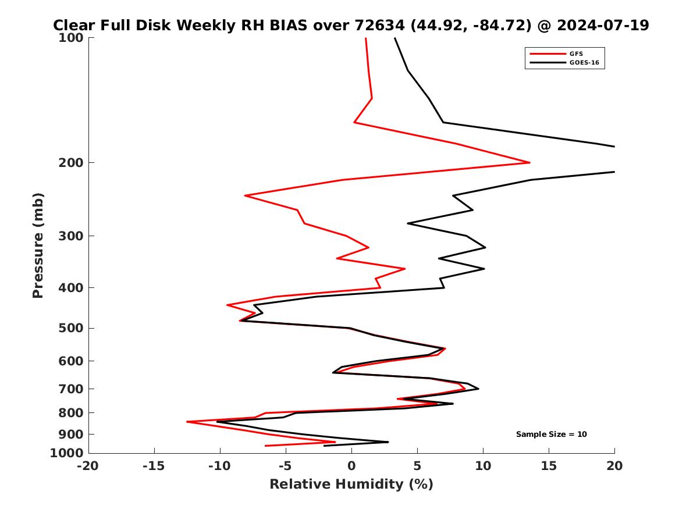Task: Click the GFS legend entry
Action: point(575,54)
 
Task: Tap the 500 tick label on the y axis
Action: point(73,328)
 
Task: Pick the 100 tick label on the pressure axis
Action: point(73,38)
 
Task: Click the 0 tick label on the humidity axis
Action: point(351,466)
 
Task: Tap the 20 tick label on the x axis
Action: point(614,466)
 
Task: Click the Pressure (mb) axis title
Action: point(38,245)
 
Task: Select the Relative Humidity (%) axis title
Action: point(351,485)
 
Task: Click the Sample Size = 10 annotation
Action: point(551,435)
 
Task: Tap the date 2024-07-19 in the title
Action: point(603,26)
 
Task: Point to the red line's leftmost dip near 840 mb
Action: point(187,422)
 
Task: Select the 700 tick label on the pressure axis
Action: point(73,389)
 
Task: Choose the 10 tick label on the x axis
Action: point(482,466)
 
